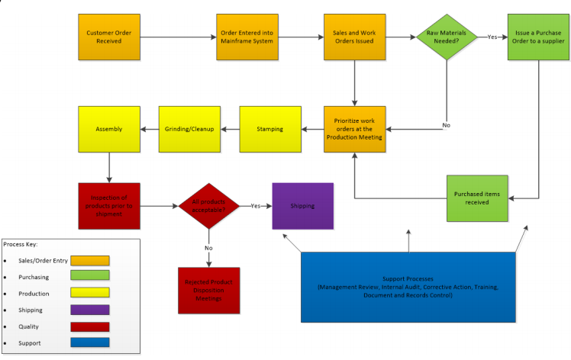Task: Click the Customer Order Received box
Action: pos(110,37)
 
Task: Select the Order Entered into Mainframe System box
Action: pos(247,37)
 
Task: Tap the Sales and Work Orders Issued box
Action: pos(354,37)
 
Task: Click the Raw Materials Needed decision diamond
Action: pos(447,37)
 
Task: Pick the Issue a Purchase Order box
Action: pos(539,37)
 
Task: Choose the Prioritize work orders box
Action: pos(354,128)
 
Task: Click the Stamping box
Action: pos(269,128)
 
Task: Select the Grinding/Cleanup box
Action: pos(189,128)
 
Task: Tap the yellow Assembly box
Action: pos(109,128)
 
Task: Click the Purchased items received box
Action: pos(477,198)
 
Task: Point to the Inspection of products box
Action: pos(109,205)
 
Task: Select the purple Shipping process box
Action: pos(302,206)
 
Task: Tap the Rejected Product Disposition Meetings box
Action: pos(208,290)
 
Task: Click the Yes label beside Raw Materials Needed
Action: pos(492,37)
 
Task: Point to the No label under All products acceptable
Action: pos(208,248)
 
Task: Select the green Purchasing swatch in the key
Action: pos(90,276)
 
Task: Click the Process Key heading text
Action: pos(21,244)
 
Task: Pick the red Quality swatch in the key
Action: pos(90,326)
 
